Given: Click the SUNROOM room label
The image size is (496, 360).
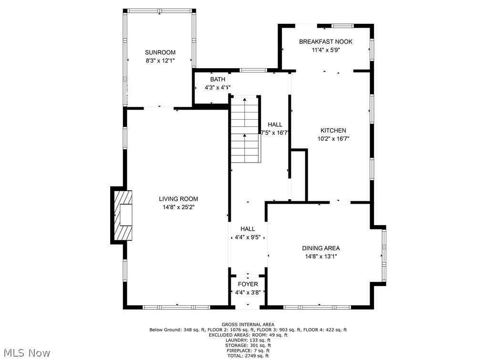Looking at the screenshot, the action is (x=160, y=52).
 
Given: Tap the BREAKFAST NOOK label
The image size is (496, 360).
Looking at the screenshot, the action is (x=325, y=41).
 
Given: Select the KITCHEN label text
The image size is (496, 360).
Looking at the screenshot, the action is (x=333, y=130).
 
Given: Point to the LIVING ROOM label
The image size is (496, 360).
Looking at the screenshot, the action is (x=178, y=199).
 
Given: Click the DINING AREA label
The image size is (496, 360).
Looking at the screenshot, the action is (x=321, y=248).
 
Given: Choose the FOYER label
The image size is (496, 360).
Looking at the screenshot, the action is (x=248, y=284).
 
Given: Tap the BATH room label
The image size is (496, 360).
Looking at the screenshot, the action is (x=217, y=80).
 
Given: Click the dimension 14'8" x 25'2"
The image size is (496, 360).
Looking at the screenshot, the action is (x=178, y=207).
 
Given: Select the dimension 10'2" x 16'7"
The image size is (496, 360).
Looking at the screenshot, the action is (x=333, y=139).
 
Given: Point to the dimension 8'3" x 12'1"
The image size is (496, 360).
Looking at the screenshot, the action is (x=160, y=61).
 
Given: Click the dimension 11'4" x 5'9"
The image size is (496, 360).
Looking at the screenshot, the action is (x=325, y=50).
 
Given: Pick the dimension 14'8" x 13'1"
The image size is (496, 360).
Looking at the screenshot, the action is (x=321, y=257).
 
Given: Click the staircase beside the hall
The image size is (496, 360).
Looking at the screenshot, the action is (x=246, y=130).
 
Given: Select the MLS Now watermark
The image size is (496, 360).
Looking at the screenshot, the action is (x=27, y=353).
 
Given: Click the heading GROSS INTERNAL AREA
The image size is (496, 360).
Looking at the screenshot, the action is (x=248, y=324).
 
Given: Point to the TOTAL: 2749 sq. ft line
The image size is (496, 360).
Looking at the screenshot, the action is (x=248, y=356).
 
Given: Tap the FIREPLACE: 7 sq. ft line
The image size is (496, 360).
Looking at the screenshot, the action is (x=248, y=350).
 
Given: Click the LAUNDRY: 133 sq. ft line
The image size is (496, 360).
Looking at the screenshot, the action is (x=248, y=340).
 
